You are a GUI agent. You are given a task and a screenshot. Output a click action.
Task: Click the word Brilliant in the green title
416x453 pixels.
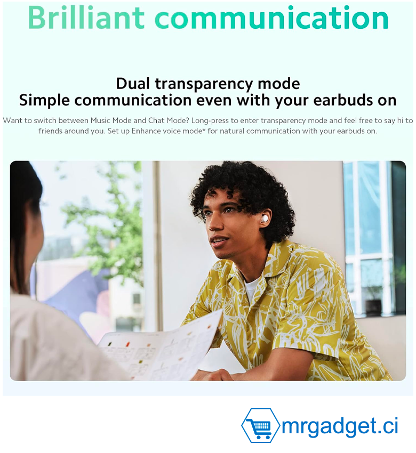pos(86,18)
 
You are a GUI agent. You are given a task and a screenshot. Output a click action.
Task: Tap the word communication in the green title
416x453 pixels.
pos(272,18)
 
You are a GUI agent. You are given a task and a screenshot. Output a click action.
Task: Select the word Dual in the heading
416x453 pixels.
pos(133,84)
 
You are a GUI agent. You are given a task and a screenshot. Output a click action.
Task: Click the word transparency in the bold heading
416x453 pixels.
pos(204,84)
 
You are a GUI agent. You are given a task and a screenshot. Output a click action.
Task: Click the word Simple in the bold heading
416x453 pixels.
pos(44,101)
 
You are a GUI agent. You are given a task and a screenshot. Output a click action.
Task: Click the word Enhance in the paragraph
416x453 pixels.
pos(144,131)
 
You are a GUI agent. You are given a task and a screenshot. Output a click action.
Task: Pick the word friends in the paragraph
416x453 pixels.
pos(49,131)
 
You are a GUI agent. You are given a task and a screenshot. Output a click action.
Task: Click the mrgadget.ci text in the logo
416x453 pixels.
pos(340,426)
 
